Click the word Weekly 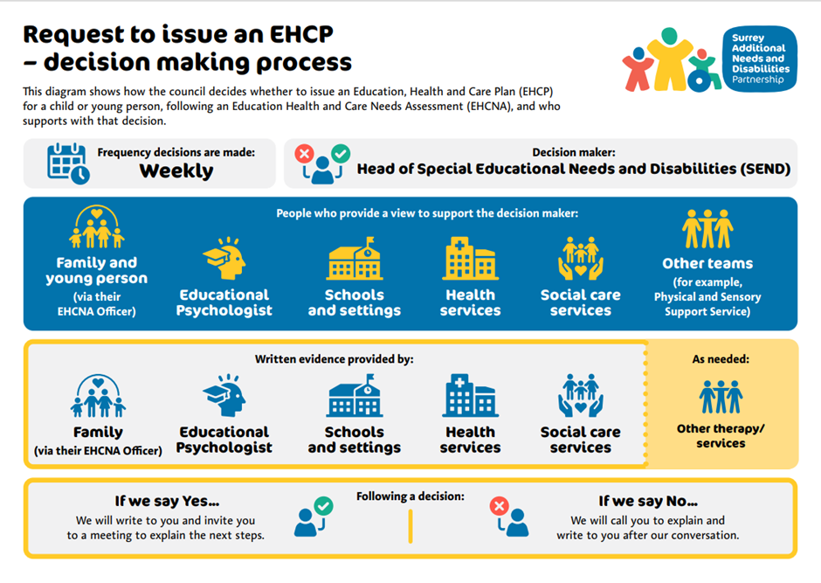click(176, 170)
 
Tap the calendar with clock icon click(68, 163)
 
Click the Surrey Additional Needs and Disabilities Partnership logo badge click(759, 56)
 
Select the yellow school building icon click(354, 258)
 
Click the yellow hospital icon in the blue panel click(470, 258)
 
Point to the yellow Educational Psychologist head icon click(224, 260)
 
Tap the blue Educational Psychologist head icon click(224, 397)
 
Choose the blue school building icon click(354, 396)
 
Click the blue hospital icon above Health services click(470, 396)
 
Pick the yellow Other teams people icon click(707, 229)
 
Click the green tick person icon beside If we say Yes click(314, 517)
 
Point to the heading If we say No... click(647, 502)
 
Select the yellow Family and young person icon click(96, 227)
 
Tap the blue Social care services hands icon click(580, 396)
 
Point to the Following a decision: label click(410, 496)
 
